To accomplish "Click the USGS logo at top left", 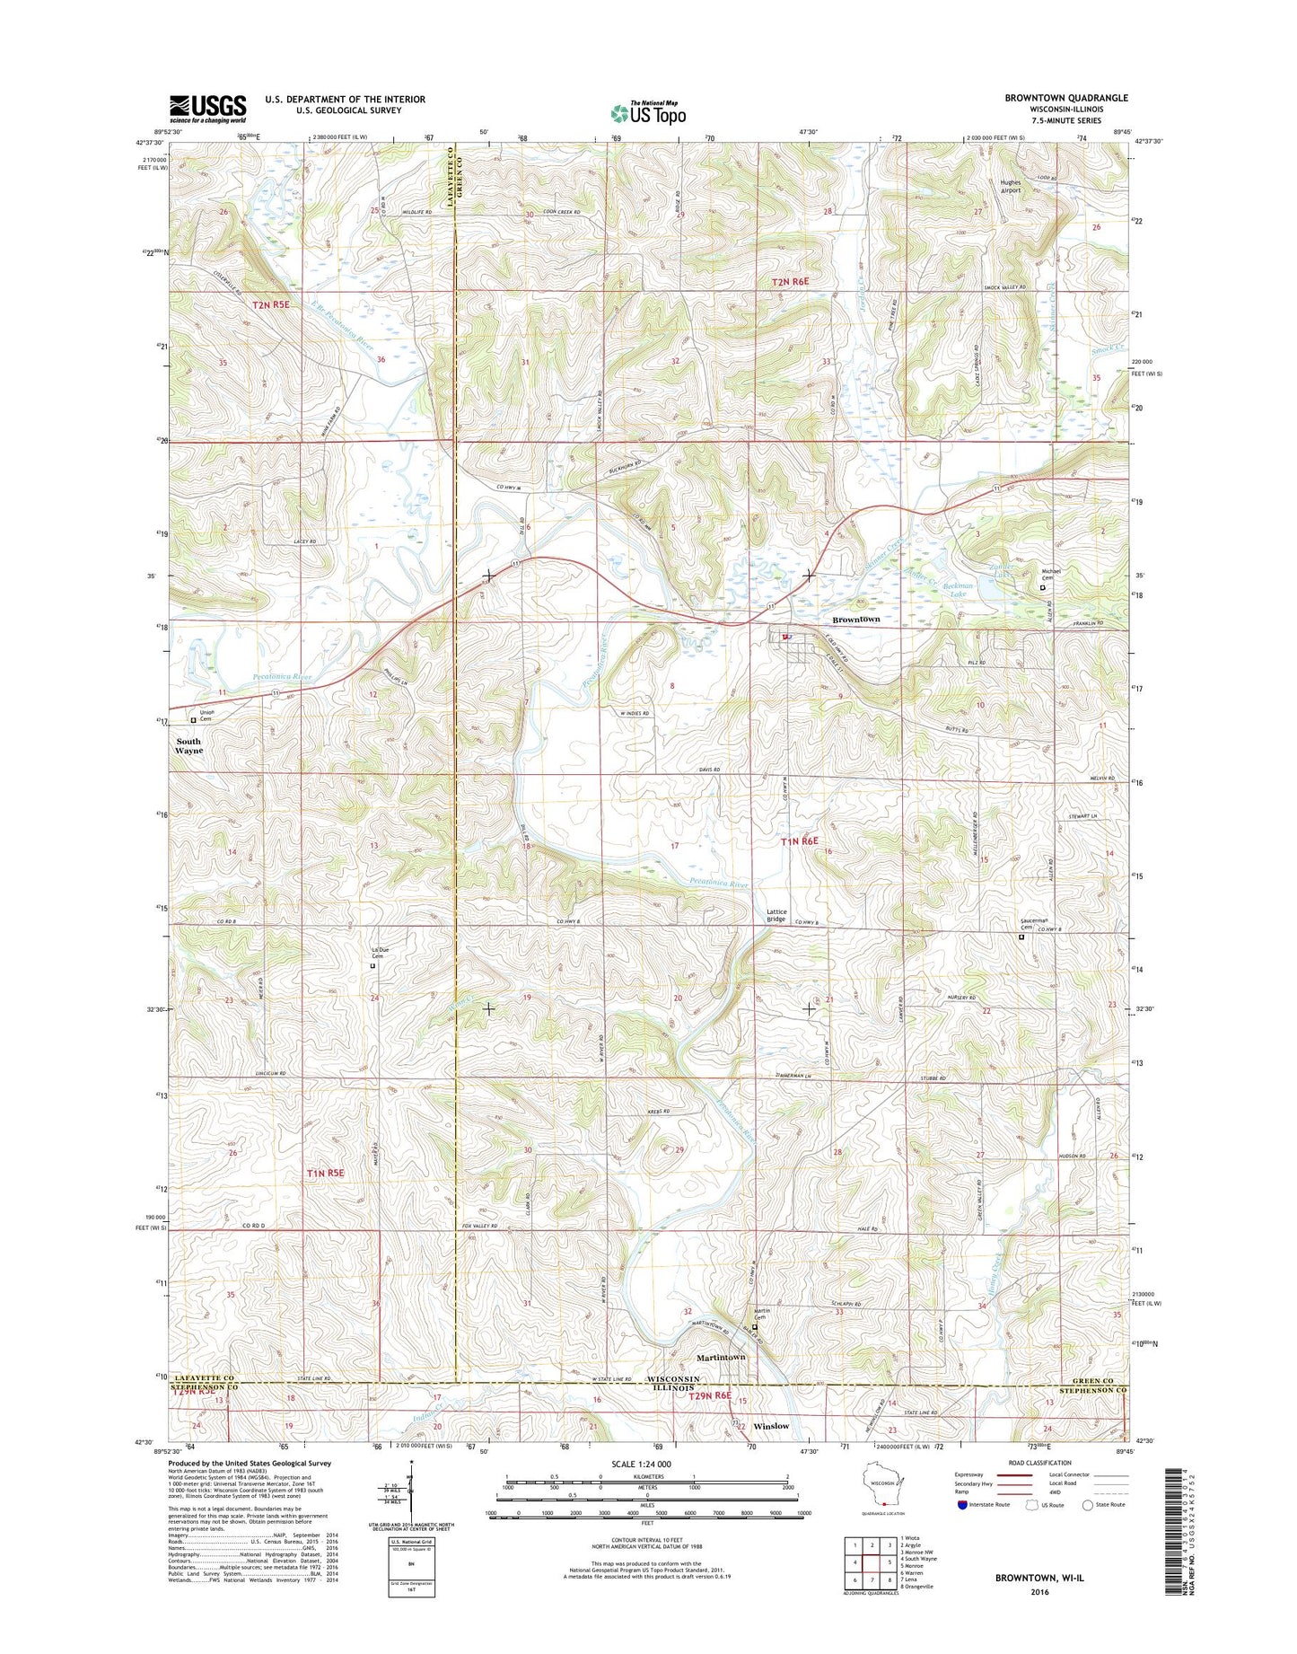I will tap(207, 109).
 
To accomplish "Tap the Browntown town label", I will tap(855, 620).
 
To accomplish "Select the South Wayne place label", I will tap(188, 745).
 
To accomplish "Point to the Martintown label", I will tap(721, 1357).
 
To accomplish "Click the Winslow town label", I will tap(771, 1425).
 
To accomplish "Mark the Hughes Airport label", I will tap(1011, 186).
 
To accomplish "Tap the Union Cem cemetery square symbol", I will tap(192, 719).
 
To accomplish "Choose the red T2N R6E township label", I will tap(790, 282).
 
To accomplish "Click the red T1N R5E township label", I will tap(325, 1173).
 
